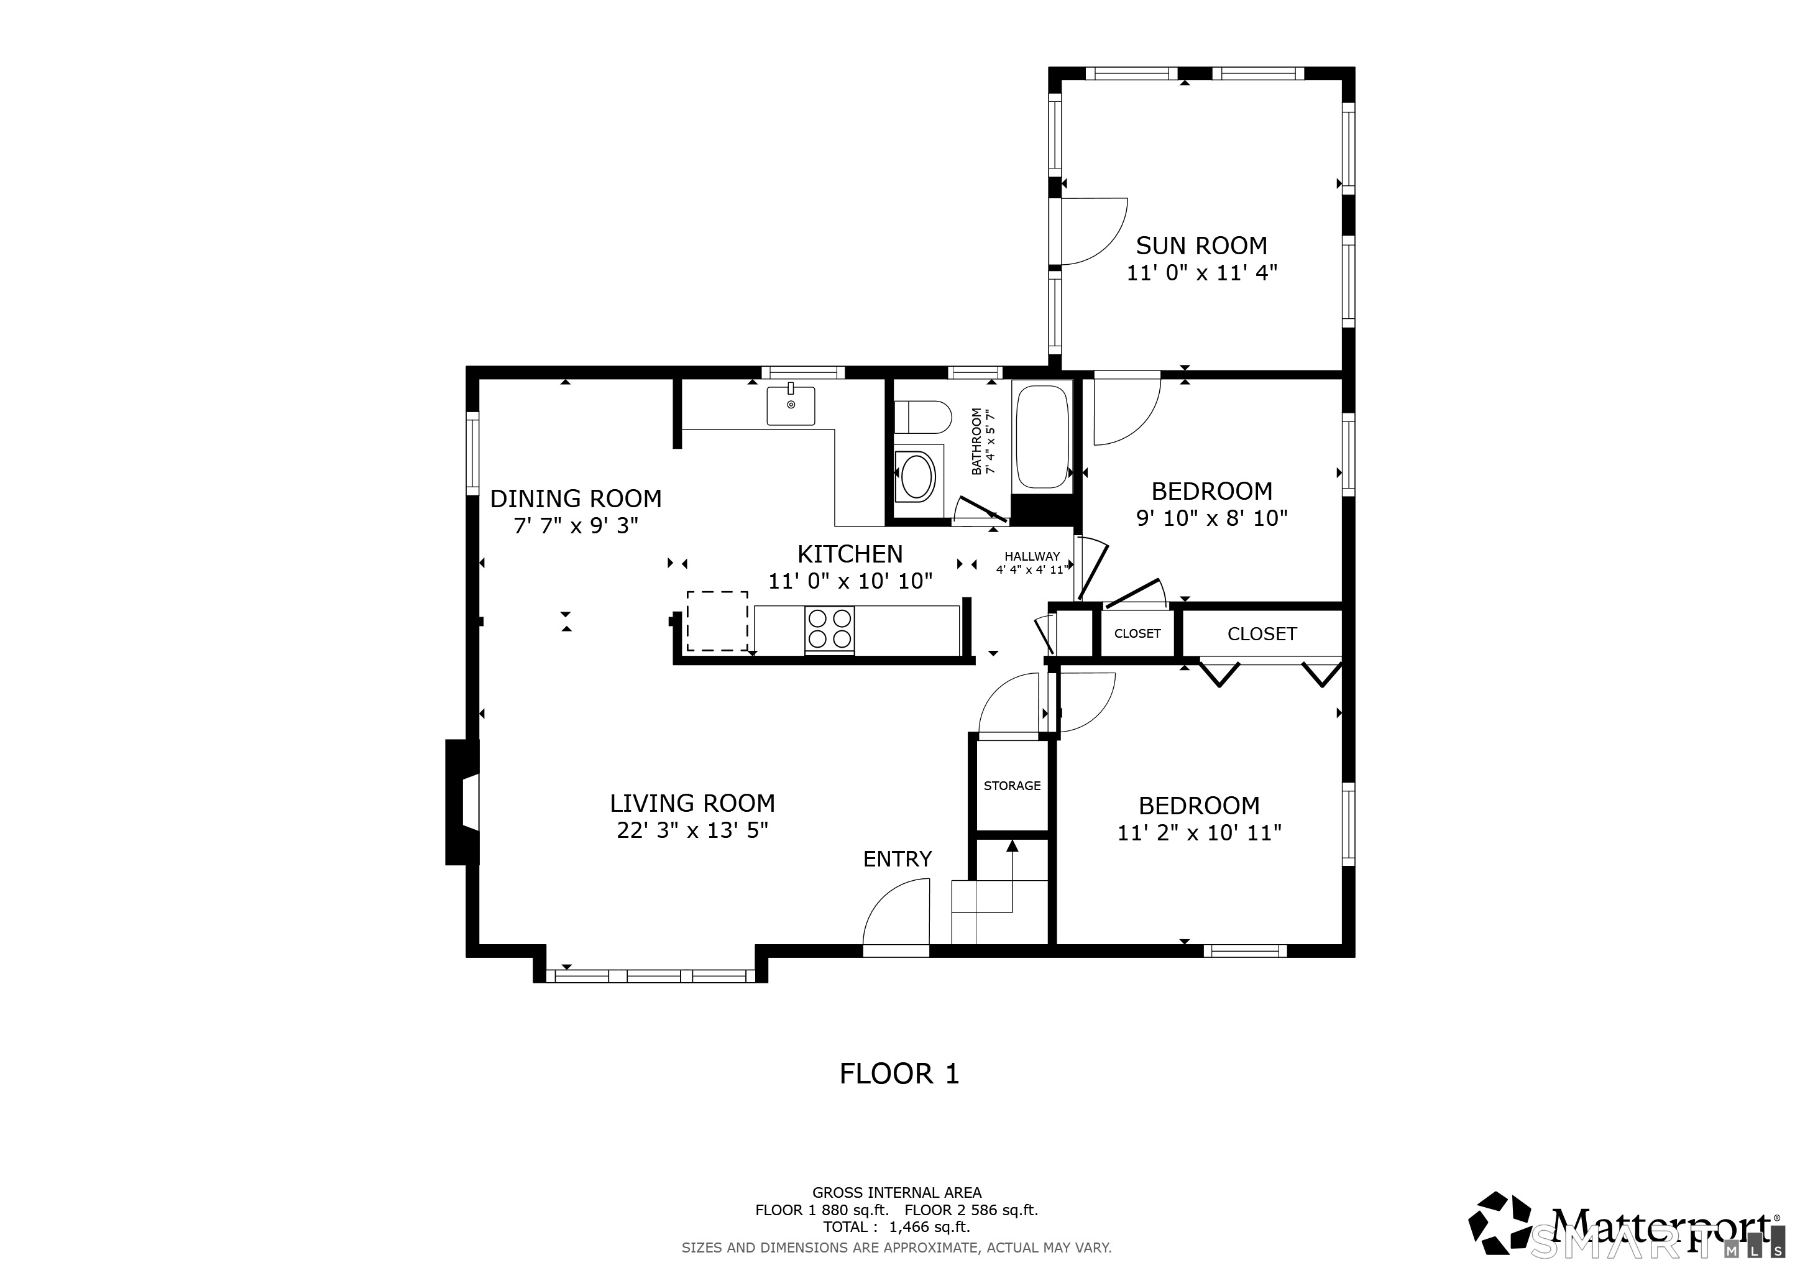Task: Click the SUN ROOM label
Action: click(x=1201, y=246)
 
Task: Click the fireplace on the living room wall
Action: click(x=462, y=802)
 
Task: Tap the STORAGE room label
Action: click(x=1012, y=786)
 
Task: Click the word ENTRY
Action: click(x=898, y=859)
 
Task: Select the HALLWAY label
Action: click(x=1032, y=556)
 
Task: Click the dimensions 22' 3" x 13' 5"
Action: click(x=692, y=830)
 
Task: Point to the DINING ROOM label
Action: click(x=576, y=499)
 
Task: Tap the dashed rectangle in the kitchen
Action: click(x=717, y=621)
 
